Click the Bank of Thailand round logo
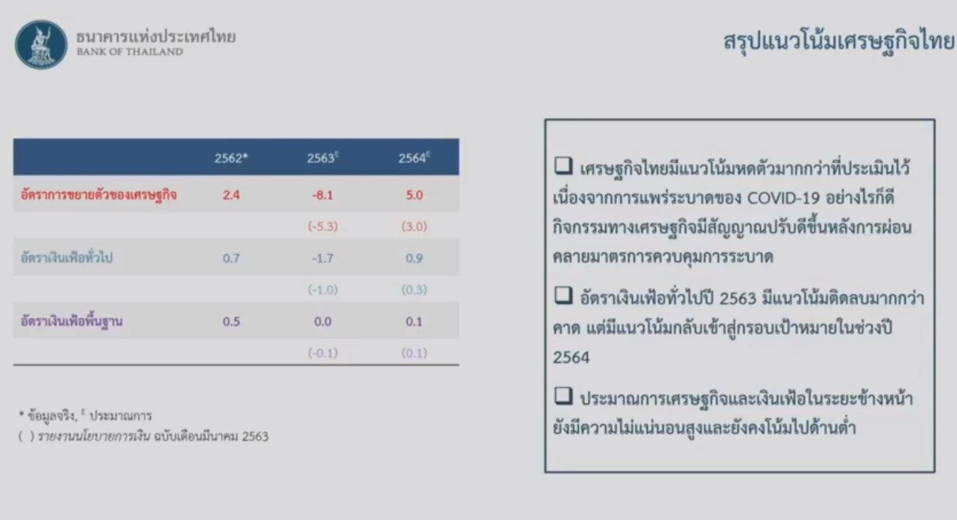41,45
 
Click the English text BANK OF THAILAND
130,52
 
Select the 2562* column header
231,158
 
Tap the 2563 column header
322,158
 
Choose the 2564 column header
414,158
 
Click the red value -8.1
322,195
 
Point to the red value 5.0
414,195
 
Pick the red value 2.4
231,195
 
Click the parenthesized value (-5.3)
322,226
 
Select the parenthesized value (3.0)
414,226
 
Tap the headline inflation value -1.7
322,258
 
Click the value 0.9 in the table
414,258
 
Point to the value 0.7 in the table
231,258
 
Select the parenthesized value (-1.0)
322,290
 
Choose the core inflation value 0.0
322,321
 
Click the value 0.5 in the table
231,321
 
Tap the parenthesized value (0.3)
414,290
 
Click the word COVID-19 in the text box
783,198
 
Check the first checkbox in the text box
563,165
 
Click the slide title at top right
838,42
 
